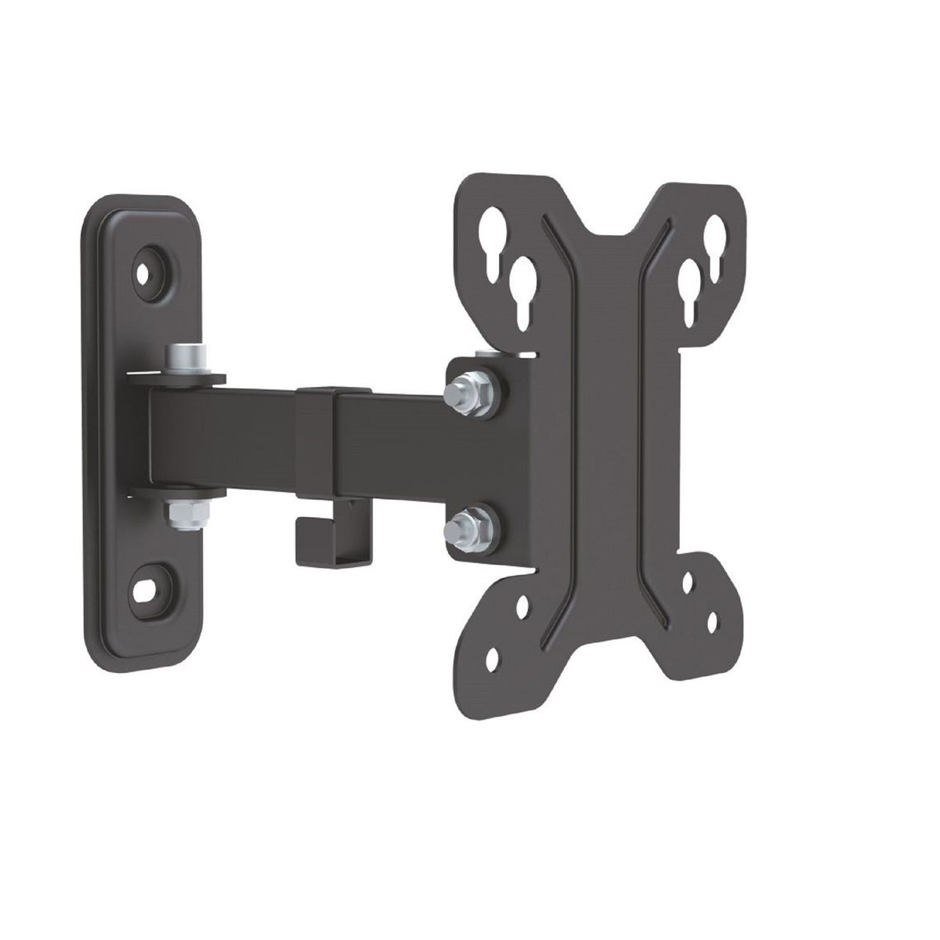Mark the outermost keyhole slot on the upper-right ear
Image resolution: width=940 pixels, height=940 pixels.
click(714, 236)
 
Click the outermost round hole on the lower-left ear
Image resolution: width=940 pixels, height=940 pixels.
click(492, 660)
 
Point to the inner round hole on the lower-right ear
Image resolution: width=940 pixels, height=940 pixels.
click(687, 584)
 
